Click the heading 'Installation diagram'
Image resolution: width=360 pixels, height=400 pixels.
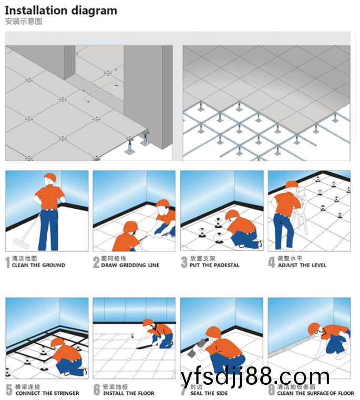[61, 10]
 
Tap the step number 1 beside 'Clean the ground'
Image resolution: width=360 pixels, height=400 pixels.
[8, 262]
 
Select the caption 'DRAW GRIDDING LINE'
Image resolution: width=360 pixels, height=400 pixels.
[130, 266]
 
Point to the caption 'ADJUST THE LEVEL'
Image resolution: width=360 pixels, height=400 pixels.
[302, 266]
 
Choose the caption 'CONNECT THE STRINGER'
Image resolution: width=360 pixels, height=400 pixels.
[47, 393]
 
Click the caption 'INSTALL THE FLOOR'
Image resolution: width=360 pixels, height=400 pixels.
[129, 393]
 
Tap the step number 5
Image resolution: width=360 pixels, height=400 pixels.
[9, 390]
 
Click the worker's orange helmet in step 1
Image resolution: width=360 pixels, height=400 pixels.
[50, 177]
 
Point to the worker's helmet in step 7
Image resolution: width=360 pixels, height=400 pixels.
[213, 332]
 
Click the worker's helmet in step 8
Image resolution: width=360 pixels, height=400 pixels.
[314, 328]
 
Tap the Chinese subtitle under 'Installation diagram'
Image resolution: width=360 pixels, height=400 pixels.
[23, 22]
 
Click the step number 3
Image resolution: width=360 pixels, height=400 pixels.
[184, 262]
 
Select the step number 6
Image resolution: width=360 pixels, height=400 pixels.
[97, 390]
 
